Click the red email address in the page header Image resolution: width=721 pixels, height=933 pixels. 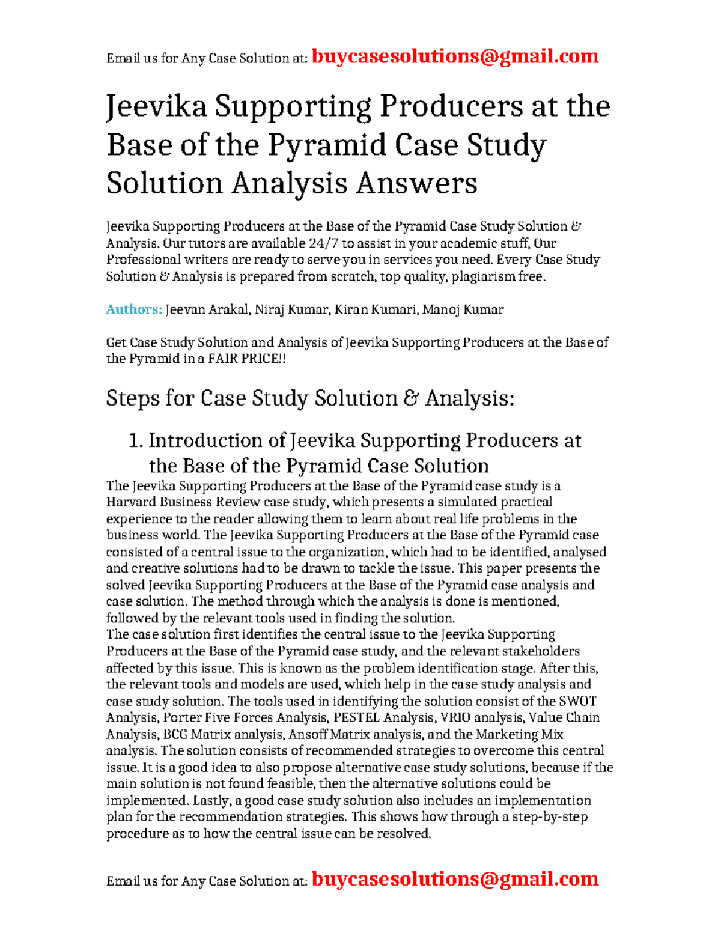point(455,56)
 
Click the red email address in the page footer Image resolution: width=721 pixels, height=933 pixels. point(455,879)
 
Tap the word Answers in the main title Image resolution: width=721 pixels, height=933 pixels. point(416,183)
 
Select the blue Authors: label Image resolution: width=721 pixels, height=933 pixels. point(134,309)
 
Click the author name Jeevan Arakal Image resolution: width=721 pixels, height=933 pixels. point(207,309)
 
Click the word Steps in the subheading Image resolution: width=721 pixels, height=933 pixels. point(133,398)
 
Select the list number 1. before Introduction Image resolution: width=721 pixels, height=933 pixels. point(136,441)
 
